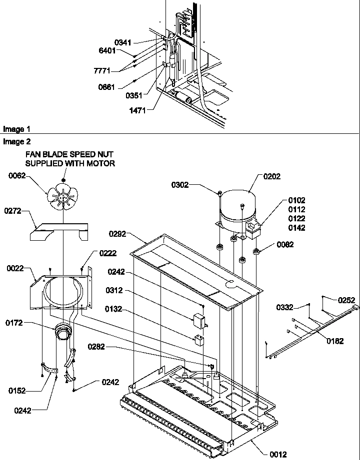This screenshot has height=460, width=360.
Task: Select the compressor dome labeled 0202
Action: (x=237, y=207)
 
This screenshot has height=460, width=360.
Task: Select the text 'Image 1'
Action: (x=13, y=129)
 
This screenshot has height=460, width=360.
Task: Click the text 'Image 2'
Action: (x=13, y=141)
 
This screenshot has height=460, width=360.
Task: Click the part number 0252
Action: (x=345, y=300)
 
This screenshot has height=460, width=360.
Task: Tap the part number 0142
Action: (x=297, y=228)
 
